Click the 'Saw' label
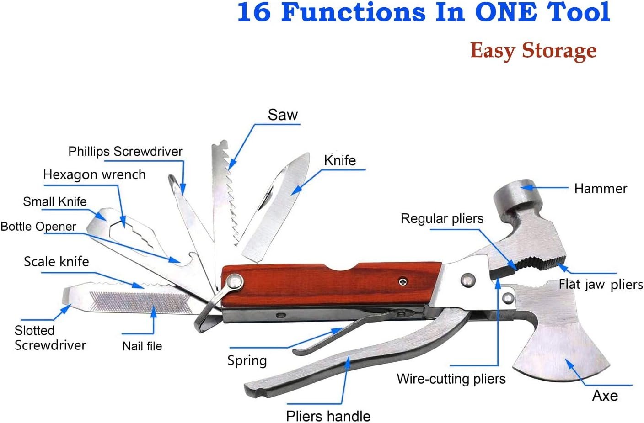click(x=283, y=115)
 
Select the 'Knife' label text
click(x=340, y=160)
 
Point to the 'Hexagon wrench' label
click(x=94, y=174)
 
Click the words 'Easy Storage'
click(x=533, y=50)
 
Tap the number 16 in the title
click(x=254, y=12)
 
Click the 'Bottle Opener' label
click(x=38, y=227)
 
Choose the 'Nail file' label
click(x=142, y=346)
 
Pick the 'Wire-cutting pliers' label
click(x=451, y=379)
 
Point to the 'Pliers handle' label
click(x=328, y=416)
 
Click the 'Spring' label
click(x=247, y=360)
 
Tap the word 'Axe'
click(x=605, y=396)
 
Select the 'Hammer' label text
click(x=601, y=188)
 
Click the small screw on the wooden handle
click(x=402, y=282)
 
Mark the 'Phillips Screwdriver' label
click(x=125, y=151)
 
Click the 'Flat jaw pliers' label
click(x=601, y=285)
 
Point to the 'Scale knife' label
click(x=56, y=261)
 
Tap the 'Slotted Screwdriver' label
click(x=50, y=338)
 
